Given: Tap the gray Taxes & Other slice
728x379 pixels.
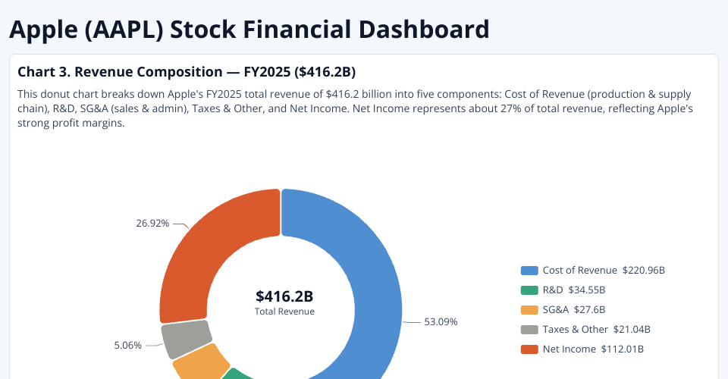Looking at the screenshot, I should pos(186,339).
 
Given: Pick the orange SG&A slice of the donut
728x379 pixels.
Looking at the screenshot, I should pos(200,362).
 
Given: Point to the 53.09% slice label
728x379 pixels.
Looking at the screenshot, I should pos(441,321).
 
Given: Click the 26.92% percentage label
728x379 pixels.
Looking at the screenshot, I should pos(152,224).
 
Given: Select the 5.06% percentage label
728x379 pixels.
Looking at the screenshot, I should pos(127,345).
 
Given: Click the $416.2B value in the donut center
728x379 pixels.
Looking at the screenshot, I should pos(284,296).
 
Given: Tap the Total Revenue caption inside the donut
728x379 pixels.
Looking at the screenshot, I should pos(284,312).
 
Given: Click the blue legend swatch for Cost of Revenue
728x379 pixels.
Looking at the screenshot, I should pos(529,271).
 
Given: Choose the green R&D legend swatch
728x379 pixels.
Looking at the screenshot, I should pos(529,290).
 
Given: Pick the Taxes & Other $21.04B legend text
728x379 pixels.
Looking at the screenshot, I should pos(596,330).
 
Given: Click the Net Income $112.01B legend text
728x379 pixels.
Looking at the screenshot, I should pos(594,349).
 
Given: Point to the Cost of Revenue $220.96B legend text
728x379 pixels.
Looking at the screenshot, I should pos(604,271).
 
